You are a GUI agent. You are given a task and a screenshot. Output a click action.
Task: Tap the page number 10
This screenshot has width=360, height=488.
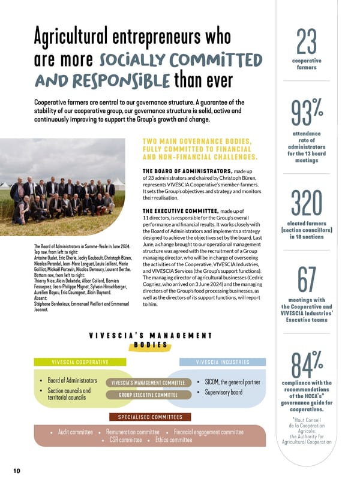[17, 471]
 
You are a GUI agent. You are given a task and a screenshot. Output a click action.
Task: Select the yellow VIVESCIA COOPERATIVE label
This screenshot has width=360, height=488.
[80, 362]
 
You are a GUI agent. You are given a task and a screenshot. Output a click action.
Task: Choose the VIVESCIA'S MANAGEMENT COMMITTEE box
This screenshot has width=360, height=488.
[148, 383]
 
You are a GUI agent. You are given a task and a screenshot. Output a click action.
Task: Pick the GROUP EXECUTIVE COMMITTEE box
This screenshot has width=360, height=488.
[147, 394]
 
